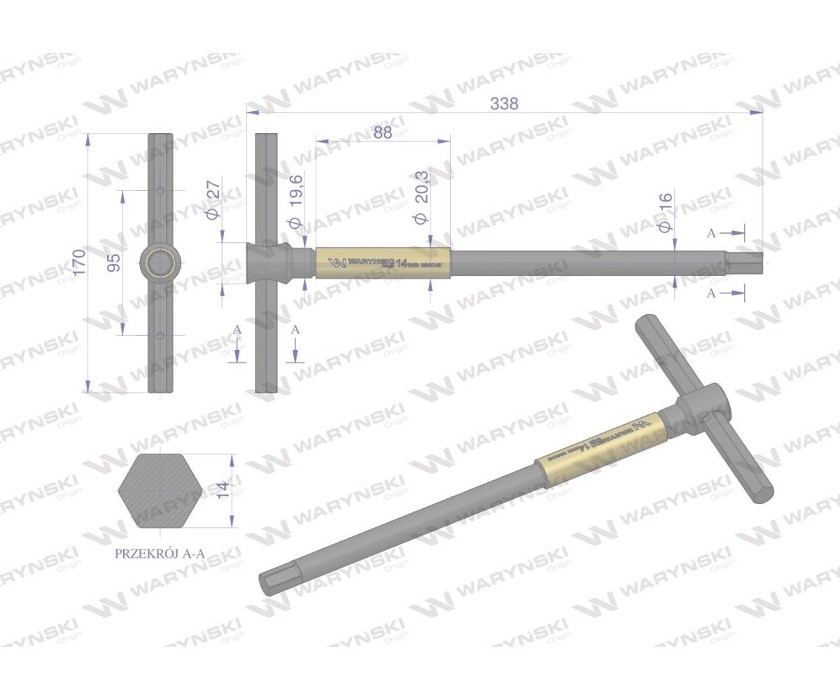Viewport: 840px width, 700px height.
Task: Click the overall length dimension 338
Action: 504,104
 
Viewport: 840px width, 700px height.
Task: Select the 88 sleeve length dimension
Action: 382,134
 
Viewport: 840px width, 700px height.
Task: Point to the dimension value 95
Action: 115,262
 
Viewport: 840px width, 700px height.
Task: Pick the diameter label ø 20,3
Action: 421,206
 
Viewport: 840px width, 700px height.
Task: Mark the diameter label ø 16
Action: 665,212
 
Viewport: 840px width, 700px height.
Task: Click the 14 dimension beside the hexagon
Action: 223,489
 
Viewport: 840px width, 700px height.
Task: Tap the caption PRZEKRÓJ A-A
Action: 160,553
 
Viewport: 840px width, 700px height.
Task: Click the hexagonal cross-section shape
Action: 160,489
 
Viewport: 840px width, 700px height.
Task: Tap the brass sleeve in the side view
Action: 384,263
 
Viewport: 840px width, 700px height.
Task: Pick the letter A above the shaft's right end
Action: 711,234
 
